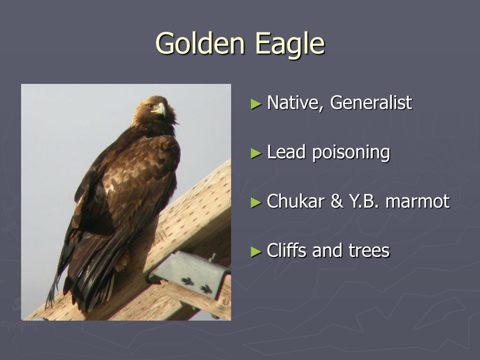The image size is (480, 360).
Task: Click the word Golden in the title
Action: pos(200,44)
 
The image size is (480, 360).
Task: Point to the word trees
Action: pos(369,251)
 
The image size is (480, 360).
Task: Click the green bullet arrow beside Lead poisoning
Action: pos(255,153)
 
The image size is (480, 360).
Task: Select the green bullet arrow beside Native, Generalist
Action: pos(255,103)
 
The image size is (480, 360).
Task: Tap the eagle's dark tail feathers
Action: pos(89,277)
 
